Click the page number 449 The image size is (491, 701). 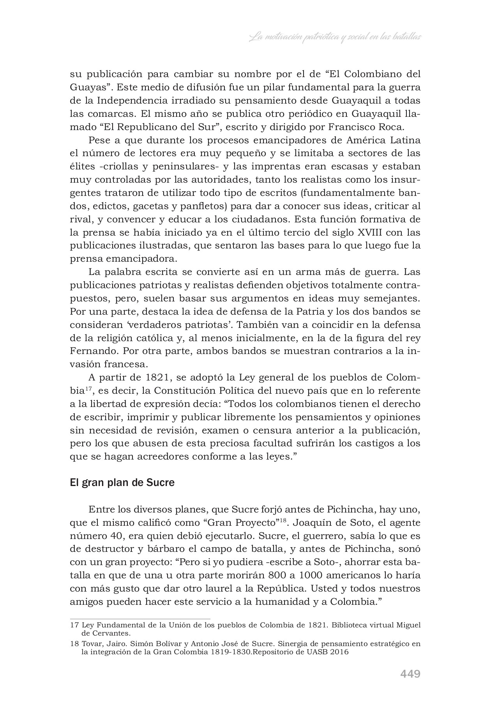point(410,673)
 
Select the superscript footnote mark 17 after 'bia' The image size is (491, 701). point(89,388)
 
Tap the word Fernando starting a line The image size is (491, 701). point(94,351)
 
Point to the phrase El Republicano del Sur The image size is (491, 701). point(155,127)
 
